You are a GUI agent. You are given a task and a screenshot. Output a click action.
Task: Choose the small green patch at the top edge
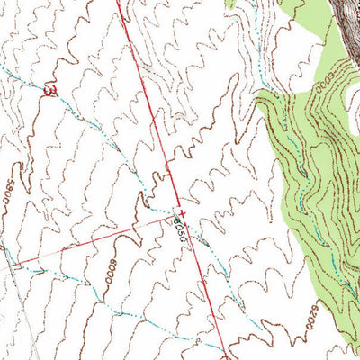coord(230,4)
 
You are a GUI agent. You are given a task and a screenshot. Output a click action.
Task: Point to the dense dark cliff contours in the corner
coord(346,18)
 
